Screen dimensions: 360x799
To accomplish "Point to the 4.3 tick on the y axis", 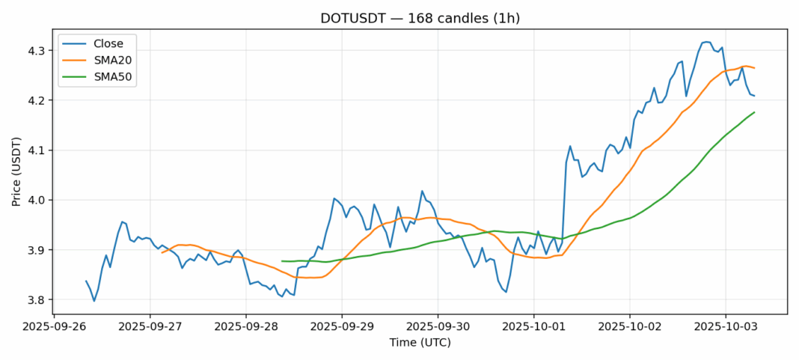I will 37,51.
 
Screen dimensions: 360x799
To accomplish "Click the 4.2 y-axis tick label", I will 37,100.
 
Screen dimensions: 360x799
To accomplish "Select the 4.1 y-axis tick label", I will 37,150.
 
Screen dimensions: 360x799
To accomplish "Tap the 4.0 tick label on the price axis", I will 37,200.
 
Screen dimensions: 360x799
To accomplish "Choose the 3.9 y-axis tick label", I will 37,250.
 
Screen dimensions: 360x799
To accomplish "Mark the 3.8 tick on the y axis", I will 37,300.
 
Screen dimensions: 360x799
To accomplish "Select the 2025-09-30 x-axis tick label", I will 438,327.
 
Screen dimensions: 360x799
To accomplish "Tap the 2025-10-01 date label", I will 533,327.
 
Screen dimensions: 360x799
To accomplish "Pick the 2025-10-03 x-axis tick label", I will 725,327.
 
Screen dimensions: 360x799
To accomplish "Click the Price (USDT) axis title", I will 16,171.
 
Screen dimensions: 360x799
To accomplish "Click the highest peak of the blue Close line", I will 706,42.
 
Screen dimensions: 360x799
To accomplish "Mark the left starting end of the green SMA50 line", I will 282,261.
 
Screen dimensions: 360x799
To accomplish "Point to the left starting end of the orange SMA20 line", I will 162,252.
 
